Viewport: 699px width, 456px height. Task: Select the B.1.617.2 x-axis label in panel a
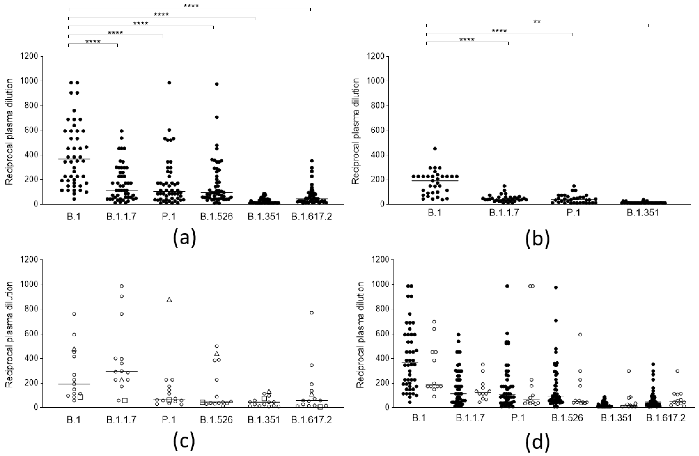[311, 217]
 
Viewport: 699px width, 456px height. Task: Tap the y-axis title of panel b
[356, 131]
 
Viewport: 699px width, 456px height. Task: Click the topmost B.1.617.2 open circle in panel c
[312, 313]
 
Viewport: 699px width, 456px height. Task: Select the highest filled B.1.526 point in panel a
[217, 84]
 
